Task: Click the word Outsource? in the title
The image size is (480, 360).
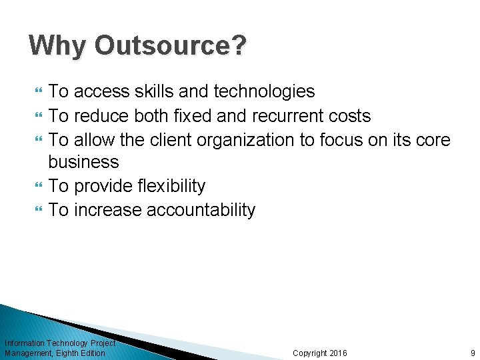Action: click(x=171, y=46)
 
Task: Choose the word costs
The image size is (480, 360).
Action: click(x=350, y=116)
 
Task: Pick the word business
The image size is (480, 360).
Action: click(x=84, y=162)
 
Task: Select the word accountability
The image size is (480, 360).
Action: click(x=201, y=210)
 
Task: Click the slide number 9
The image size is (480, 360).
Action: click(x=473, y=353)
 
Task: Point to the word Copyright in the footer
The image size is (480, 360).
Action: click(x=310, y=353)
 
